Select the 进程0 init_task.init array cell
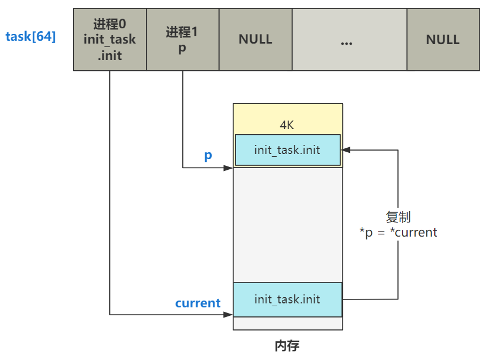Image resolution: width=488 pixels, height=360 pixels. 110,40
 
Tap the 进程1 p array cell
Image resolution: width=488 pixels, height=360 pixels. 182,40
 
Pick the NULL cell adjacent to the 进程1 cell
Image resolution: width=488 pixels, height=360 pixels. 255,40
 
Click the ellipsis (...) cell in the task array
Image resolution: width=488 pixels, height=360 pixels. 349,40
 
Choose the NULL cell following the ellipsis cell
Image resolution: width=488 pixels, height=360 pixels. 443,40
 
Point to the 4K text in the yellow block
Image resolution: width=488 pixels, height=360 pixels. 287,125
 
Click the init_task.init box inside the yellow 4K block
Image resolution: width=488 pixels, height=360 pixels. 288,150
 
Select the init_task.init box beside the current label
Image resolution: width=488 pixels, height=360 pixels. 288,299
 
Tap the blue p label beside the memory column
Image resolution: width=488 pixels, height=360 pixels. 208,156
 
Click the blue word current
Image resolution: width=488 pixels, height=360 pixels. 198,303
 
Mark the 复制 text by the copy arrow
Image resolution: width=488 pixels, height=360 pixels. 398,217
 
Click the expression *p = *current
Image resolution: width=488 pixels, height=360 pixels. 398,233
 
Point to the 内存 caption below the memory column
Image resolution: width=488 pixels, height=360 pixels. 287,345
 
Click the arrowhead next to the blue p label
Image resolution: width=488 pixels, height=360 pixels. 229,168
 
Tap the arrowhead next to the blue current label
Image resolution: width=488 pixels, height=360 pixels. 229,315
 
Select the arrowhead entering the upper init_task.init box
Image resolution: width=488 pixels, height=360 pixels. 345,150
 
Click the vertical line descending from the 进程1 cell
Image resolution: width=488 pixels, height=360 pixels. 182,119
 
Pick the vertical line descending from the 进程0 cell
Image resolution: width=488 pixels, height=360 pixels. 110,192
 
